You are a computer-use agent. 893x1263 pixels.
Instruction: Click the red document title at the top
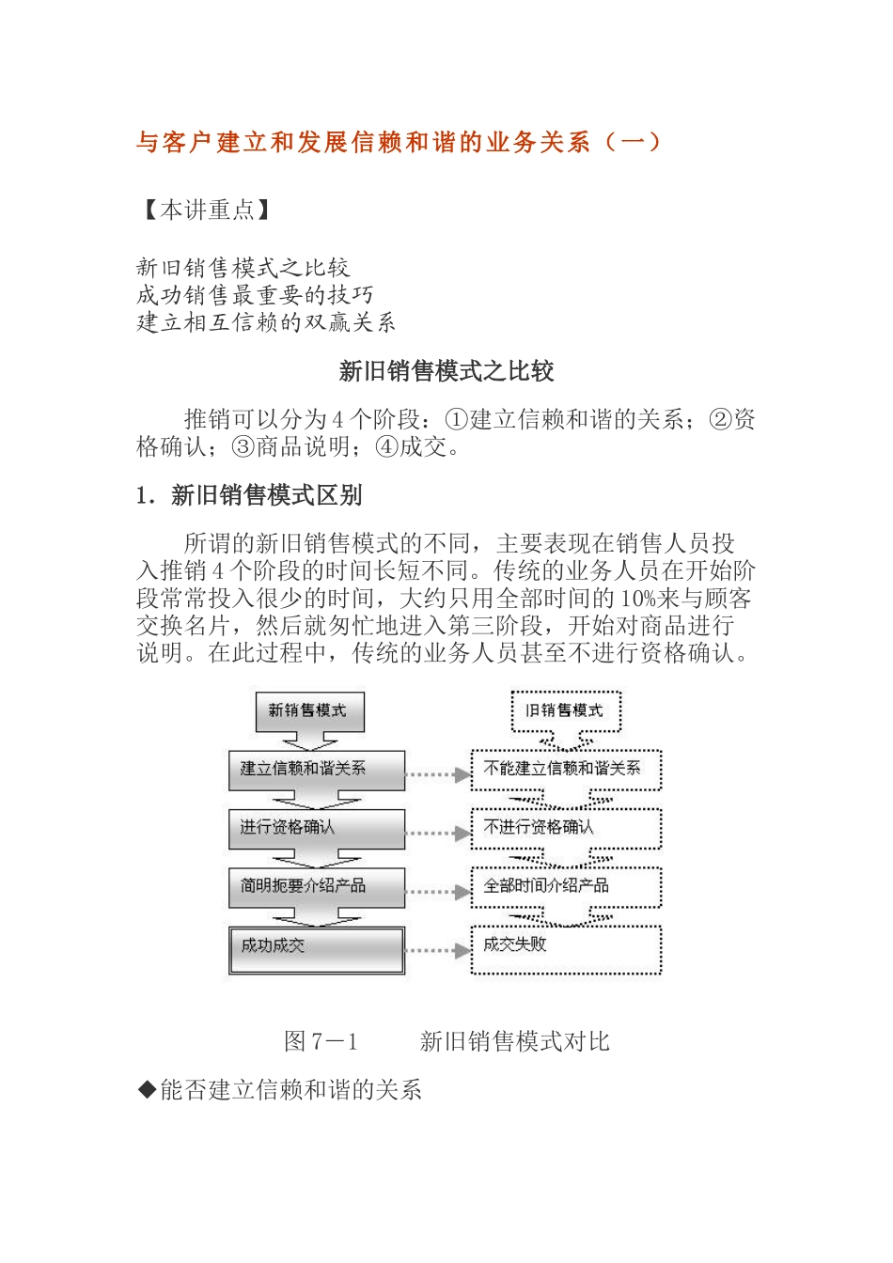[399, 142]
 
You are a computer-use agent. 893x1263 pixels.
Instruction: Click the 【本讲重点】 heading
[206, 210]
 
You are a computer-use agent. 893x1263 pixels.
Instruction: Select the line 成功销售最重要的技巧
[255, 295]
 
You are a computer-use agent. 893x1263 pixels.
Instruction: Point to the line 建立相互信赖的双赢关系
[266, 322]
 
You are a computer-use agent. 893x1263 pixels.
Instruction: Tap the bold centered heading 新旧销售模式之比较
[446, 371]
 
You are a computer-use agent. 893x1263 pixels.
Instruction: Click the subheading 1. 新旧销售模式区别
[249, 495]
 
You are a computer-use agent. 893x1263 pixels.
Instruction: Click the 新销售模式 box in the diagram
[309, 711]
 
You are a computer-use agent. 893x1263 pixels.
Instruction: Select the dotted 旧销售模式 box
[566, 710]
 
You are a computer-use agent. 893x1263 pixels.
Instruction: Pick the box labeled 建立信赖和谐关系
[316, 770]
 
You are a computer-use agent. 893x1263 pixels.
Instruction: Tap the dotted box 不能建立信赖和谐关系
[566, 770]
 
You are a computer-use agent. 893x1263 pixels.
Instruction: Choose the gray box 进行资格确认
[316, 828]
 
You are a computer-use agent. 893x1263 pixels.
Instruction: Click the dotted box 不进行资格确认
[566, 828]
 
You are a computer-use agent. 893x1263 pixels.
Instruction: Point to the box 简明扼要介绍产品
[316, 886]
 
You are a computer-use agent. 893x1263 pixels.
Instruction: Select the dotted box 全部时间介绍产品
[566, 886]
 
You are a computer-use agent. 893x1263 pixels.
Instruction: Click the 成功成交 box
[316, 948]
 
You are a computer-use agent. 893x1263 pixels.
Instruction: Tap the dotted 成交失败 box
[566, 948]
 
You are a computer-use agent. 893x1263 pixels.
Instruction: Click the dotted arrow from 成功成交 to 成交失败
[438, 950]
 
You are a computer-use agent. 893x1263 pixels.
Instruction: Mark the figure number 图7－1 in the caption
[321, 1041]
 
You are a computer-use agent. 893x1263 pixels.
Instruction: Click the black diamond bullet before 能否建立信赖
[147, 1090]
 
